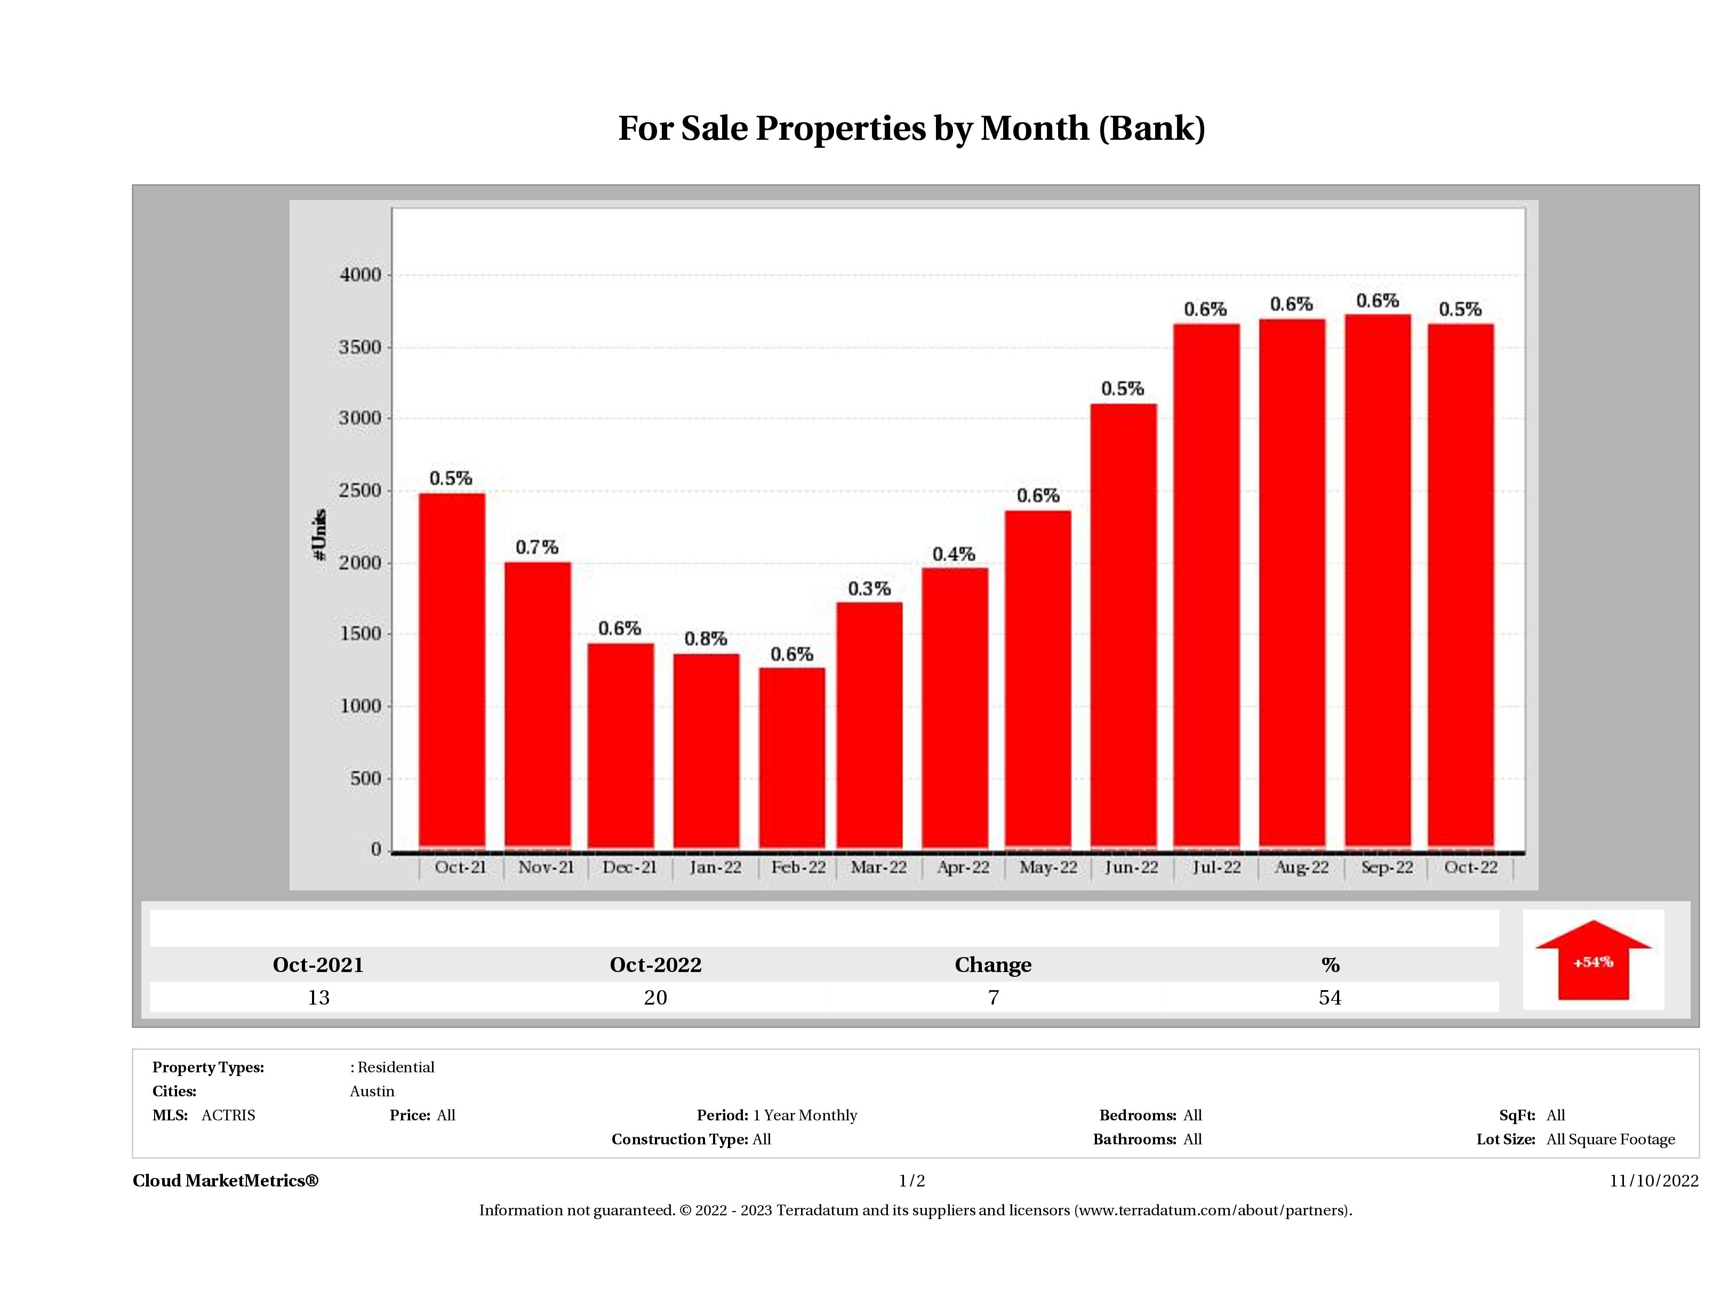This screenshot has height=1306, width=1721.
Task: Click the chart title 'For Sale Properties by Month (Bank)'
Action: [911, 129]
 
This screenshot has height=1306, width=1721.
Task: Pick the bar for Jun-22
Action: [1124, 626]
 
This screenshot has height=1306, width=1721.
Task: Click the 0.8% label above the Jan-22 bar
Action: [706, 639]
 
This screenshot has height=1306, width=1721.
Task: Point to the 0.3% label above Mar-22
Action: [869, 589]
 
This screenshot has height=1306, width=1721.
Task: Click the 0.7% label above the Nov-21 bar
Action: [537, 548]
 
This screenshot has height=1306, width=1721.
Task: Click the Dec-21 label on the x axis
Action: [629, 867]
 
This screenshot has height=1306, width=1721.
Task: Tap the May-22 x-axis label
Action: [1048, 867]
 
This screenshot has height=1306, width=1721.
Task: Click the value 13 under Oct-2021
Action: [318, 997]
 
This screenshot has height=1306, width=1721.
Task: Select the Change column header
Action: [993, 965]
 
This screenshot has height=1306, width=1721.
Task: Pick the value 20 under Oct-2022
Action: [655, 997]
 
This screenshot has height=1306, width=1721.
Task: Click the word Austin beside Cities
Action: [372, 1091]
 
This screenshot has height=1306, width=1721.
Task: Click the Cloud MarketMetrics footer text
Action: [226, 1181]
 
